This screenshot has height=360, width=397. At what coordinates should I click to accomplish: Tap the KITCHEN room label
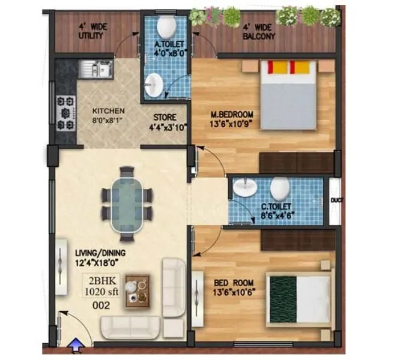(108, 111)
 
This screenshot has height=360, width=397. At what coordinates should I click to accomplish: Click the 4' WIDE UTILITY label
(91, 31)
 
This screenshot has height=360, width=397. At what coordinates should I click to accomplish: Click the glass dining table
(127, 198)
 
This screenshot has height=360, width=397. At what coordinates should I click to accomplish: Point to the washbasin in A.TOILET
(154, 84)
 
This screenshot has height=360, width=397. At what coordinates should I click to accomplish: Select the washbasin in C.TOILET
(244, 187)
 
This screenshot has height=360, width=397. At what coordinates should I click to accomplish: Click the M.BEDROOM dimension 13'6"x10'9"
(231, 125)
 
